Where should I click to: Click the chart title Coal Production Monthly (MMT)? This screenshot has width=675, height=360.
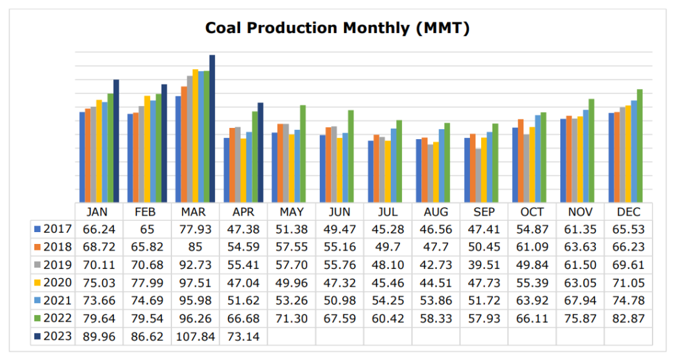click(x=337, y=28)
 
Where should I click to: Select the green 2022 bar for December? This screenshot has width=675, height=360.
click(x=639, y=146)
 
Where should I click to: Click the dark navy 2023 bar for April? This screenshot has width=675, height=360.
click(x=260, y=152)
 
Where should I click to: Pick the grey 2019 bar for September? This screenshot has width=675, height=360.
click(x=477, y=175)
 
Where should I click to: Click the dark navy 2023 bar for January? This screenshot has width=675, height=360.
click(x=117, y=141)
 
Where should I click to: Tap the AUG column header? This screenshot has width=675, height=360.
click(x=436, y=212)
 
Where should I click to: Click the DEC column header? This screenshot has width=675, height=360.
click(x=628, y=212)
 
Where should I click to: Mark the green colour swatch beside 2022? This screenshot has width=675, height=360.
click(x=38, y=318)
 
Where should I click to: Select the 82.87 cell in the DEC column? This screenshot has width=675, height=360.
click(x=628, y=318)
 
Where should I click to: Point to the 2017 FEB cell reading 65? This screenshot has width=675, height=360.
click(x=146, y=229)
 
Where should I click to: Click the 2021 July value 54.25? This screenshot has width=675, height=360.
click(x=388, y=300)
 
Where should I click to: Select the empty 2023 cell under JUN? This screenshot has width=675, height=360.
click(x=339, y=336)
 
